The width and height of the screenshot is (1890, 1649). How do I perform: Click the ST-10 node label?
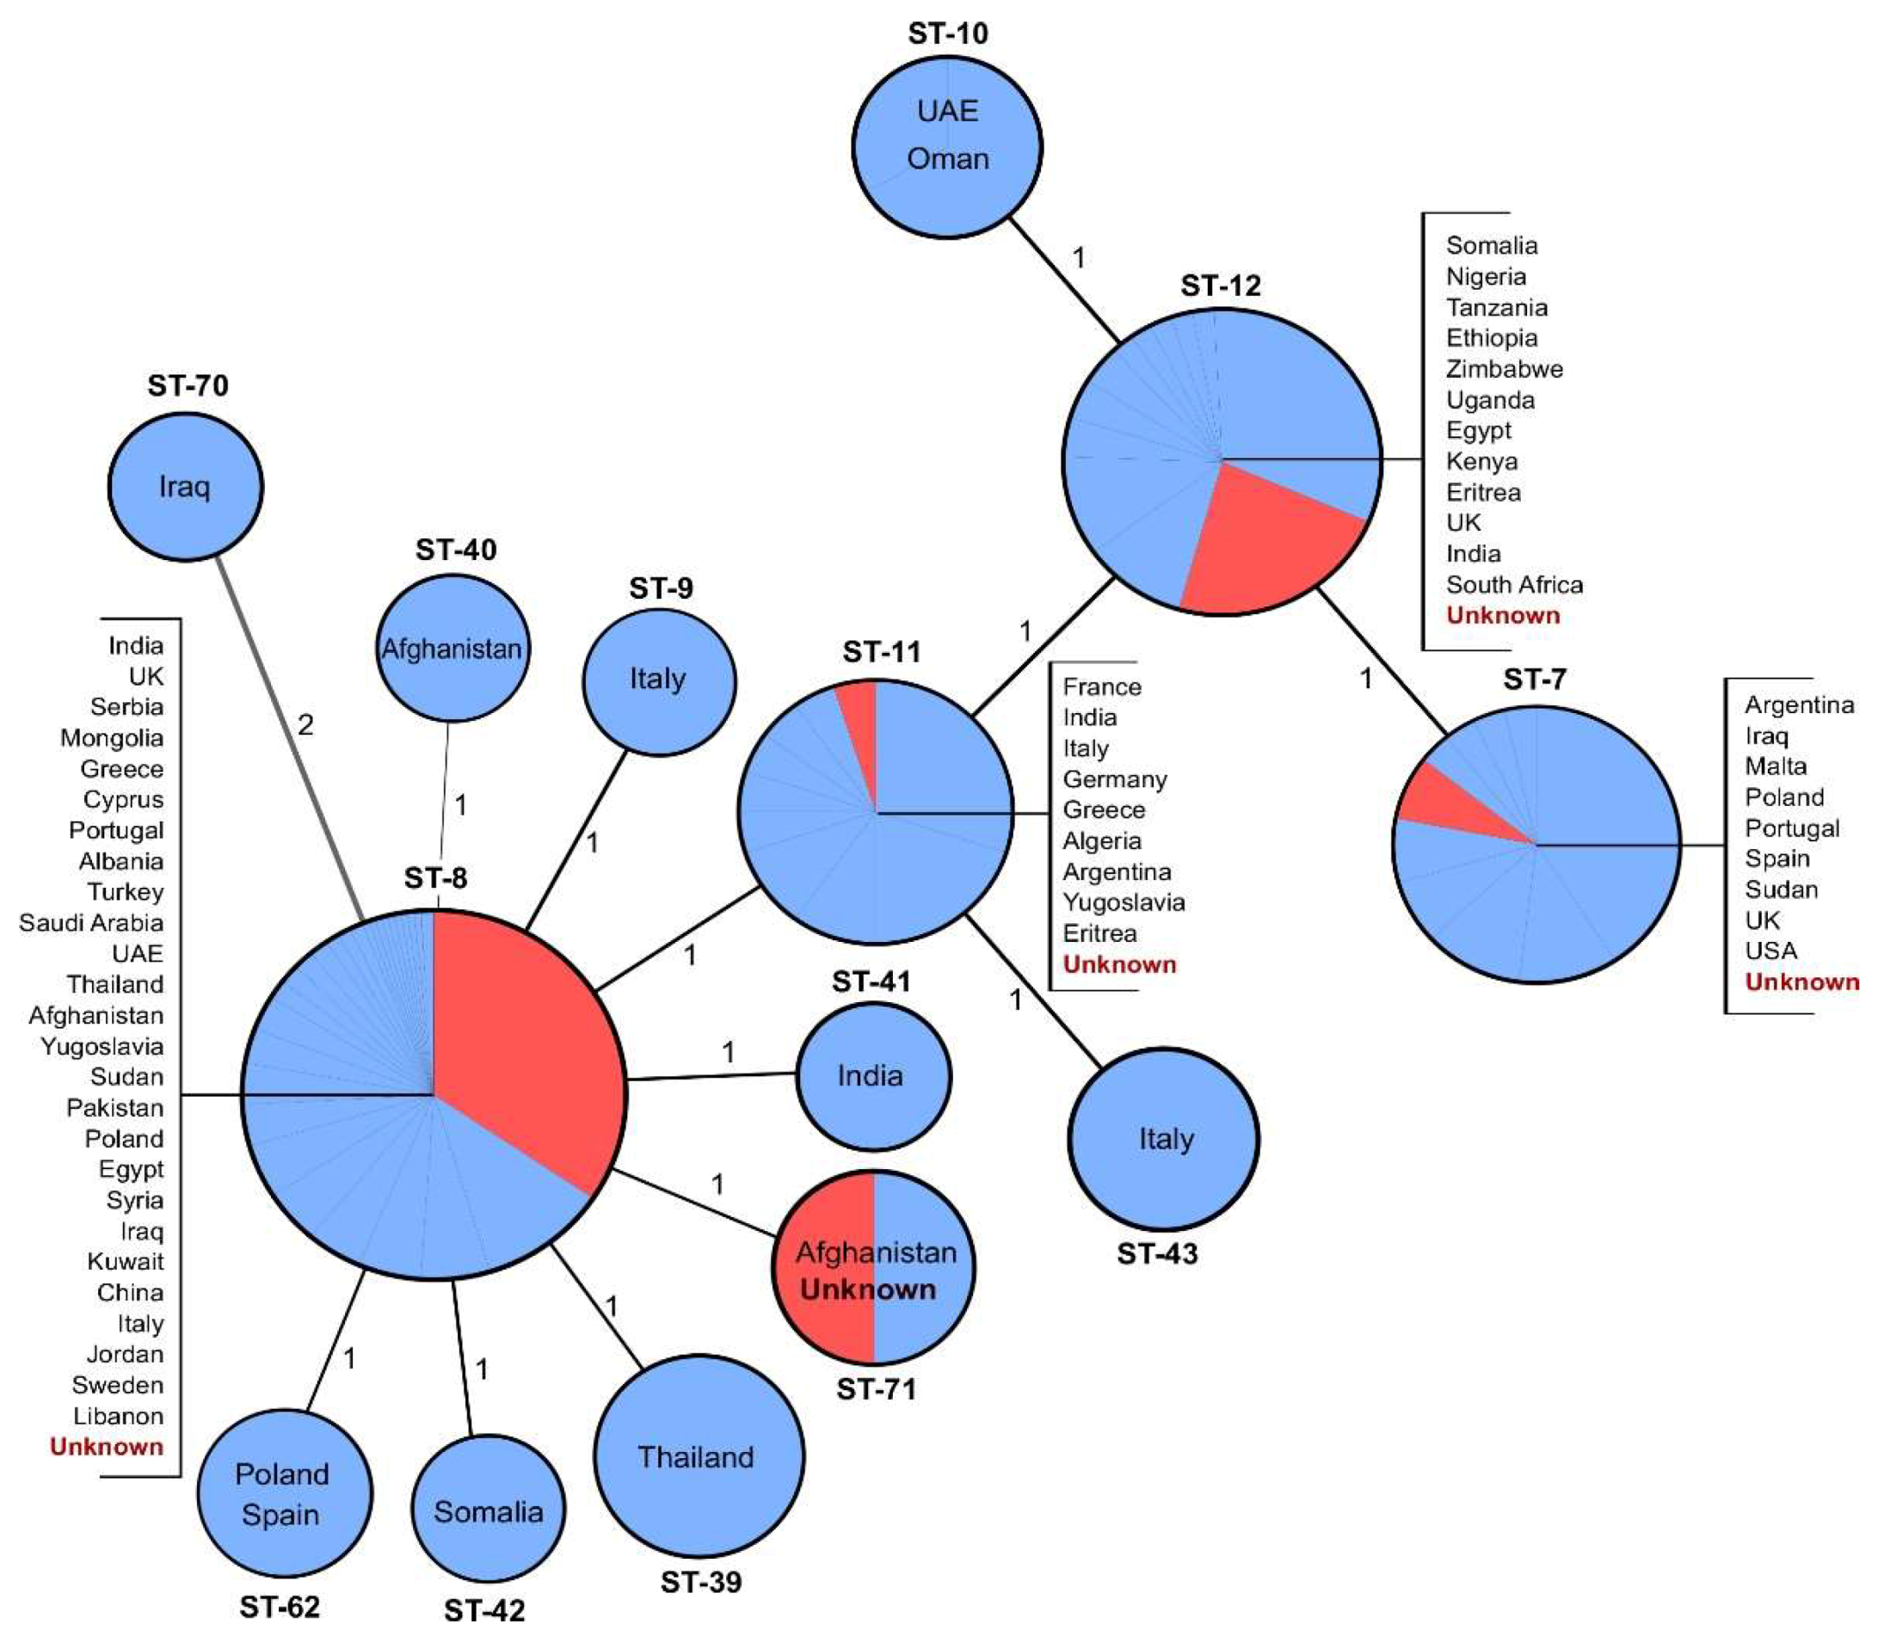(x=947, y=34)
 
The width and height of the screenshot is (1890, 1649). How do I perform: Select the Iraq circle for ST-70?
(x=185, y=486)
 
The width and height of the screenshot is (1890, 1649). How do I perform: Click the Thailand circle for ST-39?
(x=698, y=1456)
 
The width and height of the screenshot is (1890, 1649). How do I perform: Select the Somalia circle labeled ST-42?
(x=488, y=1512)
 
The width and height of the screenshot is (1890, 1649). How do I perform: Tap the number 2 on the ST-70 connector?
(x=305, y=726)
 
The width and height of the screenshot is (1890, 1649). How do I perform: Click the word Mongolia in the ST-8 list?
(x=111, y=738)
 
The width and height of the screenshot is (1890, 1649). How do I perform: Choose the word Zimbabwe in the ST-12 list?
(x=1504, y=369)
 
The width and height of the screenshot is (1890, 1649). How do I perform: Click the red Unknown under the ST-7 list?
(x=1801, y=981)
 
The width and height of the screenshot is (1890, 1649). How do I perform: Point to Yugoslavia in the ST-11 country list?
(x=1123, y=902)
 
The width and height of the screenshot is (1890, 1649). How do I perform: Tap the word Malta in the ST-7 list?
(x=1775, y=766)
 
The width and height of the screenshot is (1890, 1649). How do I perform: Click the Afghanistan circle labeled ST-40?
(x=452, y=649)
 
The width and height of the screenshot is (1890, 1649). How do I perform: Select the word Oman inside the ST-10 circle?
(x=948, y=159)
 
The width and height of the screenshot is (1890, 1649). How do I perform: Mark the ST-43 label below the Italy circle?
(x=1157, y=1253)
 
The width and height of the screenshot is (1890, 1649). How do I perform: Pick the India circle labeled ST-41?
(x=871, y=1076)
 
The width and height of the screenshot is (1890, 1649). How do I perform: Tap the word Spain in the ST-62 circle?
(x=280, y=1515)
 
